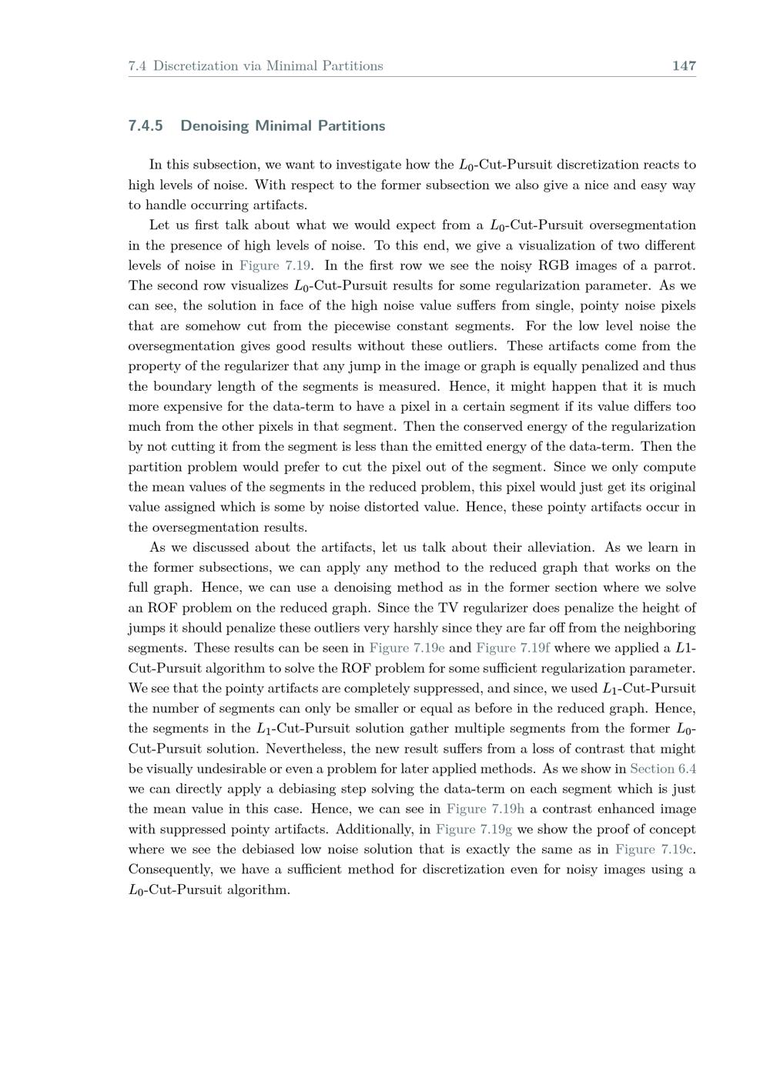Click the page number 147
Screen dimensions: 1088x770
pyautogui.click(x=684, y=66)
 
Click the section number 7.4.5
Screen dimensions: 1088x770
pyautogui.click(x=146, y=126)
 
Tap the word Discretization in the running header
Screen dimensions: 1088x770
pyautogui.click(x=195, y=66)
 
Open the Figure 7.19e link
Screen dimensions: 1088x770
pyautogui.click(x=407, y=648)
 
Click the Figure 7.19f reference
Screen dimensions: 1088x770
pyautogui.click(x=513, y=648)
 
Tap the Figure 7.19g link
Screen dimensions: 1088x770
pyautogui.click(x=474, y=829)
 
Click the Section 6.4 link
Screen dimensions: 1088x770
pyautogui.click(x=663, y=769)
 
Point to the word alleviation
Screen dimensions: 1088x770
pyautogui.click(x=560, y=548)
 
